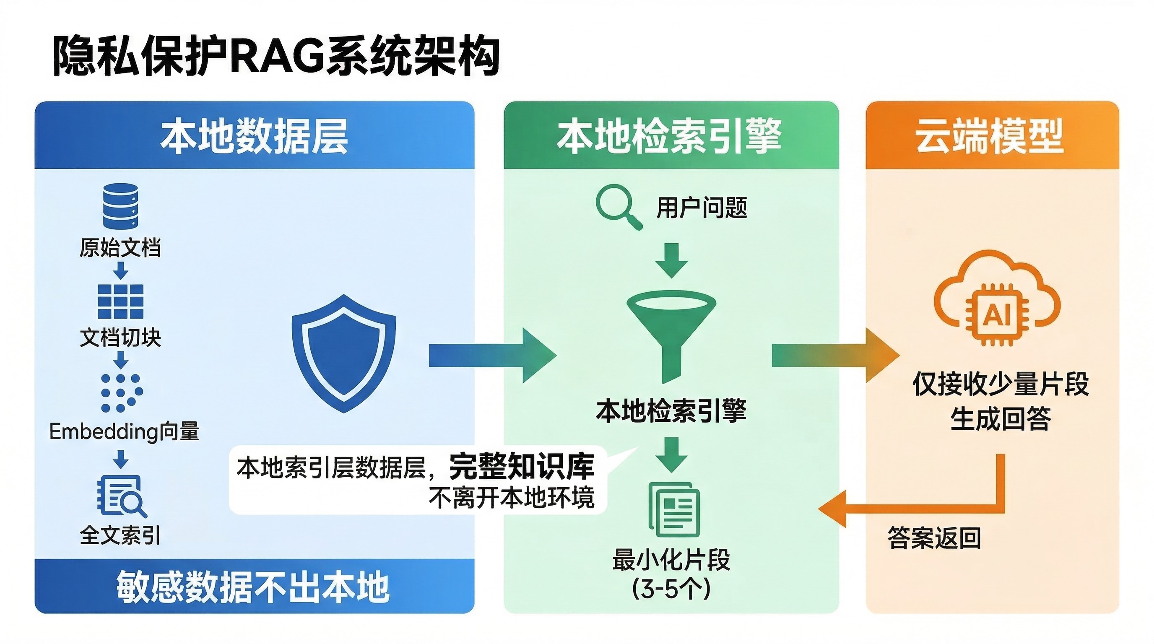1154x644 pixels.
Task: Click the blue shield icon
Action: [x=343, y=354]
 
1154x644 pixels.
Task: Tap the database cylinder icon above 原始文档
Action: [x=120, y=206]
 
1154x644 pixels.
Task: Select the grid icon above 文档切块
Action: [x=120, y=301]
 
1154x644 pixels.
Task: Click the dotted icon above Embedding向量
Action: [x=121, y=392]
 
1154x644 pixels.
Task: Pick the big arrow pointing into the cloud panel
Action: [x=836, y=356]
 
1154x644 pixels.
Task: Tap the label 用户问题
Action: [x=702, y=208]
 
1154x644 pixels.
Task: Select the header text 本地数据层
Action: [x=255, y=136]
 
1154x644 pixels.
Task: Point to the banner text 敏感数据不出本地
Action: [x=253, y=587]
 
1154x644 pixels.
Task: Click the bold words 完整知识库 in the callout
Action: [x=522, y=467]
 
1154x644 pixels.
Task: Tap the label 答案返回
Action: [x=934, y=538]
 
